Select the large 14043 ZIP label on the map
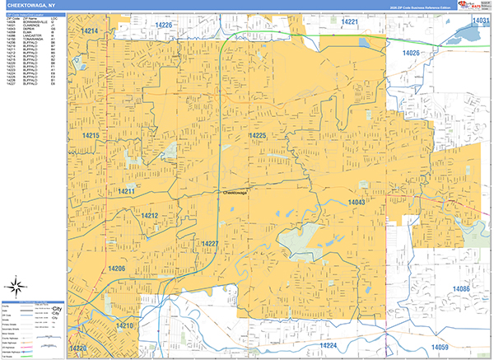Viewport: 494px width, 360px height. point(356,202)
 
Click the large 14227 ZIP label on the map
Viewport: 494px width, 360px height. point(210,243)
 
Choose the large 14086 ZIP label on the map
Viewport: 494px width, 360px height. point(460,288)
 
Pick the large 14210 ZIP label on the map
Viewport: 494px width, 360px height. point(123,325)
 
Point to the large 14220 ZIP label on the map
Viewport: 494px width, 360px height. point(78,349)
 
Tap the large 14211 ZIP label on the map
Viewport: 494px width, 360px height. point(126,191)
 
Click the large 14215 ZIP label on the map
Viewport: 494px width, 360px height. point(91,135)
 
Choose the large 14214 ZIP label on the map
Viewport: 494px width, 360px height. point(90,31)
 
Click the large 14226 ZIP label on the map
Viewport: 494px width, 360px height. point(164,26)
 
